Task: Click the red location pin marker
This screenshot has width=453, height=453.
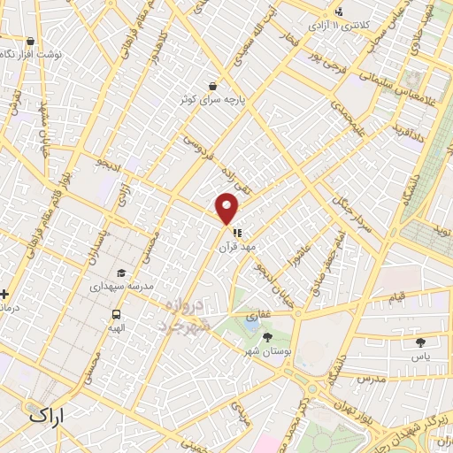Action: click(227, 208)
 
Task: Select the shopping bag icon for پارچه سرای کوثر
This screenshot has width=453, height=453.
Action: click(213, 86)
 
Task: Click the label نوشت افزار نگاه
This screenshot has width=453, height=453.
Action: click(32, 54)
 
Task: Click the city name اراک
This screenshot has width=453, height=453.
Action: click(47, 414)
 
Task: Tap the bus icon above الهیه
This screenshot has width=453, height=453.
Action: click(116, 313)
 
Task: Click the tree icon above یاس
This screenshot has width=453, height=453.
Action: click(419, 341)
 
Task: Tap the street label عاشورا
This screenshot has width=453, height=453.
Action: click(301, 262)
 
